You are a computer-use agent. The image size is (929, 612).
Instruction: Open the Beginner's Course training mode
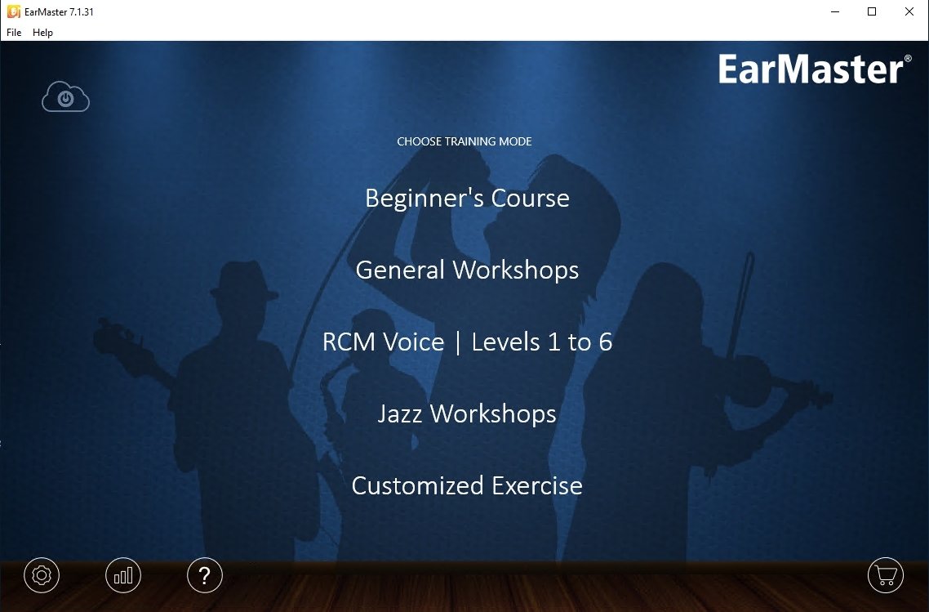(467, 198)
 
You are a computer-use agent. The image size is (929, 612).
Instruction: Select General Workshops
(467, 270)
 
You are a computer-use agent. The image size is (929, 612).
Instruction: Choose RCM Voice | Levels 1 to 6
(467, 342)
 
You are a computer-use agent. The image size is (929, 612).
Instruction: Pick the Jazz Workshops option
(467, 414)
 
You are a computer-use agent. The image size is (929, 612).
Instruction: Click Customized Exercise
(467, 485)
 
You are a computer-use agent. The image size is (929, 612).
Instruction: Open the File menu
(14, 33)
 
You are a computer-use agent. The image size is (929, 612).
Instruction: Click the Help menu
(42, 33)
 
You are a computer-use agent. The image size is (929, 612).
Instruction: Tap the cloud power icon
(66, 96)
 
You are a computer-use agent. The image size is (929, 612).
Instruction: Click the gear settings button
(42, 575)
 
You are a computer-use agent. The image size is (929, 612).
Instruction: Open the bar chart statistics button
(123, 575)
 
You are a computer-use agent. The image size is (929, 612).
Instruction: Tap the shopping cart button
(885, 575)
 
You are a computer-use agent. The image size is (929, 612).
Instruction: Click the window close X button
(909, 11)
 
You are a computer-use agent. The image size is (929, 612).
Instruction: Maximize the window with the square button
(872, 11)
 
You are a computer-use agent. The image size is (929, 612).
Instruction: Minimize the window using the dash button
(835, 11)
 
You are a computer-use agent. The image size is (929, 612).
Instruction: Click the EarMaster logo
(815, 69)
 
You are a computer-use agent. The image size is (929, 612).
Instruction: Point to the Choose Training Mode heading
(464, 141)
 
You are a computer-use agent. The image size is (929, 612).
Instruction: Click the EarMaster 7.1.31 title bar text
(59, 12)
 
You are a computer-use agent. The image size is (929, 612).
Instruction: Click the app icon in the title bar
(13, 12)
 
